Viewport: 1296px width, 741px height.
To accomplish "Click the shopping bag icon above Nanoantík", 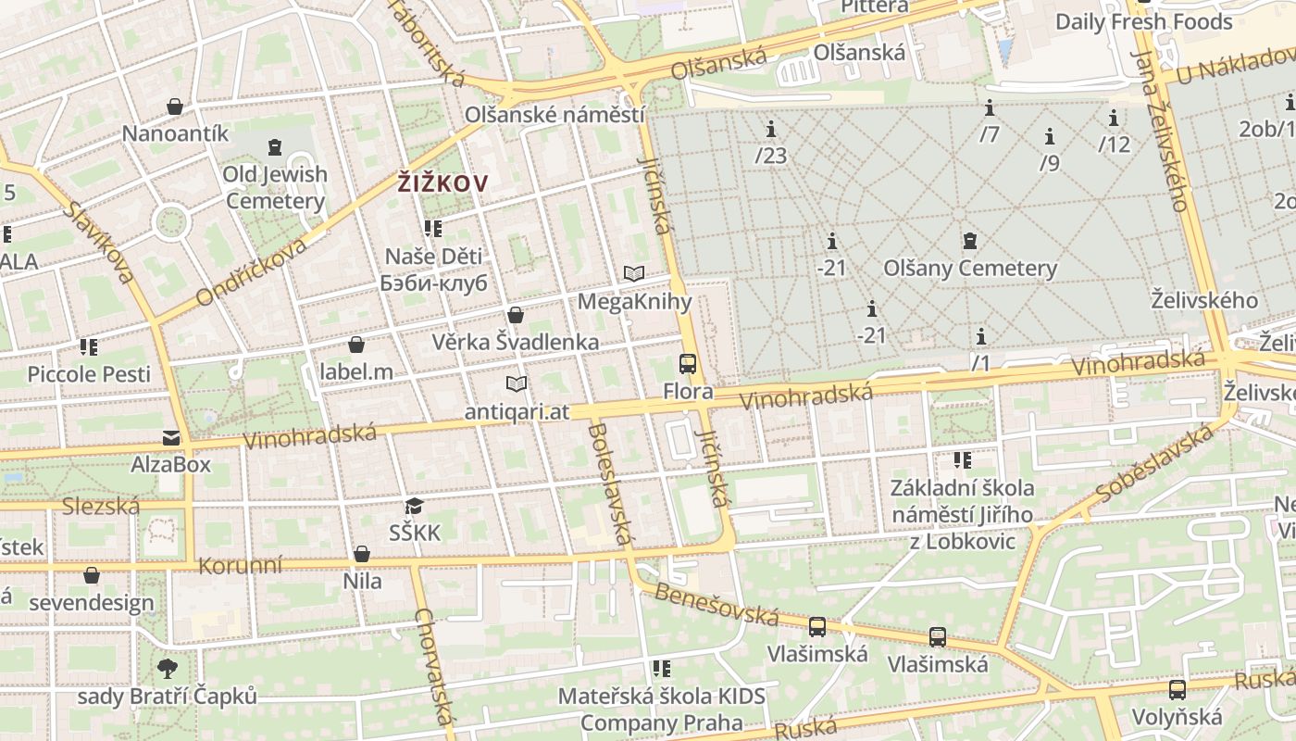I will [x=175, y=107].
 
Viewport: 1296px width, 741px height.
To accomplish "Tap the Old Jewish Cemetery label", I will [x=275, y=187].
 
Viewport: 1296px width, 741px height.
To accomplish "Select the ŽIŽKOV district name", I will [x=442, y=183].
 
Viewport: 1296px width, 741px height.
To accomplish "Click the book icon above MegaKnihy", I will [x=634, y=273].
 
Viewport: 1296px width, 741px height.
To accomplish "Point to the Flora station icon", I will [x=687, y=364].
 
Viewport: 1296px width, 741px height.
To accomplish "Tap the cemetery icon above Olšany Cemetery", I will [x=969, y=241].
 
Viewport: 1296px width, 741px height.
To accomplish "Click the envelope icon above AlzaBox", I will [x=171, y=437].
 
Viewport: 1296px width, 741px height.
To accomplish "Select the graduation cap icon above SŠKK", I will [x=414, y=506].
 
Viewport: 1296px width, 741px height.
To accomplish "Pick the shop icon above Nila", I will [x=362, y=554].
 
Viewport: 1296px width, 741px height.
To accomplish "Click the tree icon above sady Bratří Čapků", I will [x=168, y=668].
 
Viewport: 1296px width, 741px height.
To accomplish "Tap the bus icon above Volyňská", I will [x=1177, y=689].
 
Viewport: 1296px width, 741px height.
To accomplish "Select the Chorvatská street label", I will [x=434, y=666].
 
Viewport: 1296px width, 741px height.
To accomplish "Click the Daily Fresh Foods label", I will [x=1143, y=21].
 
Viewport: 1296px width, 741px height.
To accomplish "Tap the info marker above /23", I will [x=770, y=128].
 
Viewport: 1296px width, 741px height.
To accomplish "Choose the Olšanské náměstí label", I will [x=555, y=116].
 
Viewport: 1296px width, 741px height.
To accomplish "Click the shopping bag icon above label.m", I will [x=356, y=345].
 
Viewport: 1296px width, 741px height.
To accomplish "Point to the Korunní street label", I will [x=241, y=564].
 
